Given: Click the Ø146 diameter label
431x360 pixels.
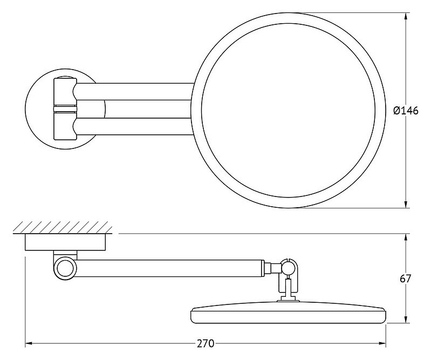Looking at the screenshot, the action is [406, 111].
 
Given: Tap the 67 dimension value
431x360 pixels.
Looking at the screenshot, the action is [405, 279].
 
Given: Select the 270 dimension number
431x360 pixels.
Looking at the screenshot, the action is [206, 343].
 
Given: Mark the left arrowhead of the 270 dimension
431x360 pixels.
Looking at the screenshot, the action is [29, 343].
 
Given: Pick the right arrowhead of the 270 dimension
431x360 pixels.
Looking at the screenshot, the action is [382, 343].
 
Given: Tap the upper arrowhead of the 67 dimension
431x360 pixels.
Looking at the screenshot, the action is [406, 237].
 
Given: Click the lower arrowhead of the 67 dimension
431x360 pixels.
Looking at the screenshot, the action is [406, 320].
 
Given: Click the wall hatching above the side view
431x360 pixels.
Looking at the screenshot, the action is [63, 227].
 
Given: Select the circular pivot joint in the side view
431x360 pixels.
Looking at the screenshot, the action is [65, 267].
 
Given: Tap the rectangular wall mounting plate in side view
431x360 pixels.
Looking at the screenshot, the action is [65, 242].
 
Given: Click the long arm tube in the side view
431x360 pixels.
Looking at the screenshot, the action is [170, 267].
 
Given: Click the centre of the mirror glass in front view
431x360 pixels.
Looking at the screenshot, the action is [288, 110].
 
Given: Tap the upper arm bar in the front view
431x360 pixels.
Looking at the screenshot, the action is [134, 92].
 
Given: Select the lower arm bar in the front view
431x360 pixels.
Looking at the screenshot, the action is [134, 126].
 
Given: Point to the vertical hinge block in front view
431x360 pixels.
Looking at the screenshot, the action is [65, 109].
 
